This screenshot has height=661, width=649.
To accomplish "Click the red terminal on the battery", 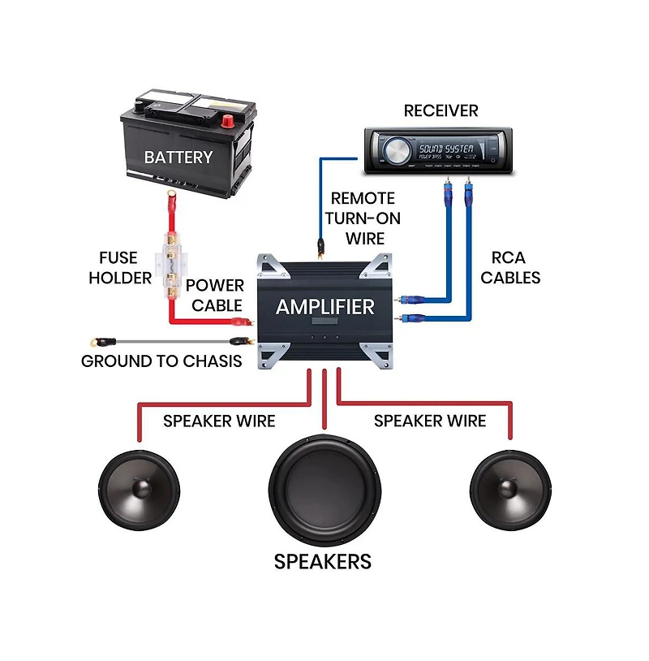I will [228, 121].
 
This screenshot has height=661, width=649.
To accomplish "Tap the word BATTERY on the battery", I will [178, 157].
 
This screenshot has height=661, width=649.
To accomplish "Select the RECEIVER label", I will [441, 110].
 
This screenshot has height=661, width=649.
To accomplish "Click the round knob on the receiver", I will [397, 151].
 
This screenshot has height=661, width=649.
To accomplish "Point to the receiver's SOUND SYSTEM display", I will [445, 149].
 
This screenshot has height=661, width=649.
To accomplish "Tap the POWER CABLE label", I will [215, 295].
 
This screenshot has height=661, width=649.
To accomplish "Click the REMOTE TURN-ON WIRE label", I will [363, 218].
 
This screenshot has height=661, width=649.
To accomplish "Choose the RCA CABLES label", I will [510, 267].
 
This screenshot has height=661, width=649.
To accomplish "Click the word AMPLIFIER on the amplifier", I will [325, 307].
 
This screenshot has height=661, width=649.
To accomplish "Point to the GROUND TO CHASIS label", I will [161, 361].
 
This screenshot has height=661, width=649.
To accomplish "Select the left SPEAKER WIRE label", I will [219, 421].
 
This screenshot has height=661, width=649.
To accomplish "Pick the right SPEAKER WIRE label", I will [430, 421].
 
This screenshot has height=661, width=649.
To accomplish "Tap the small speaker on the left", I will [140, 489].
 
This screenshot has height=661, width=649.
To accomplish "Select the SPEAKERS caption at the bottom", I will [323, 561].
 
